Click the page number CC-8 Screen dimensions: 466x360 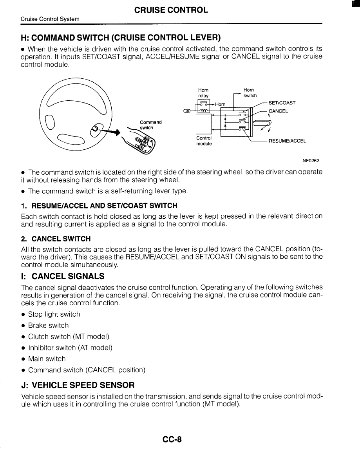point(172,439)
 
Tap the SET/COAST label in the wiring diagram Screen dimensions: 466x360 point(282,103)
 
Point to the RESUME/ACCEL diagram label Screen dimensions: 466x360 point(287,141)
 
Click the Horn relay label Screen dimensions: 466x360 point(204,93)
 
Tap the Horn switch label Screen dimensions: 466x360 point(250,93)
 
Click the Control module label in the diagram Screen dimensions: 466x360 point(204,141)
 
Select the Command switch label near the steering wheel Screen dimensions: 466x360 point(150,125)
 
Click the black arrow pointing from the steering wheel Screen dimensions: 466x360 point(111,132)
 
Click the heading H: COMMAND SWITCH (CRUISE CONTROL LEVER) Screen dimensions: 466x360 point(121,38)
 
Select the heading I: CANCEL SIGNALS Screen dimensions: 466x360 point(63,276)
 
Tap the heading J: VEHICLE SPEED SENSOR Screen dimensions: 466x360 point(78,384)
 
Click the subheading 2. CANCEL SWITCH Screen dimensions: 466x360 point(56,239)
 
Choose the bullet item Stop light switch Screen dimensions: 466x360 point(54,314)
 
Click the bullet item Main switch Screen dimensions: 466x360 point(47,359)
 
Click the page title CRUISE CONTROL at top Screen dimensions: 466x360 point(171,10)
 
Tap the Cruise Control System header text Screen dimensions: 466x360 point(50,19)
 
